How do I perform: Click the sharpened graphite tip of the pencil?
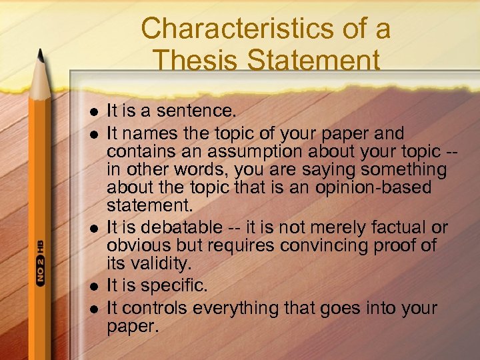39,53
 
